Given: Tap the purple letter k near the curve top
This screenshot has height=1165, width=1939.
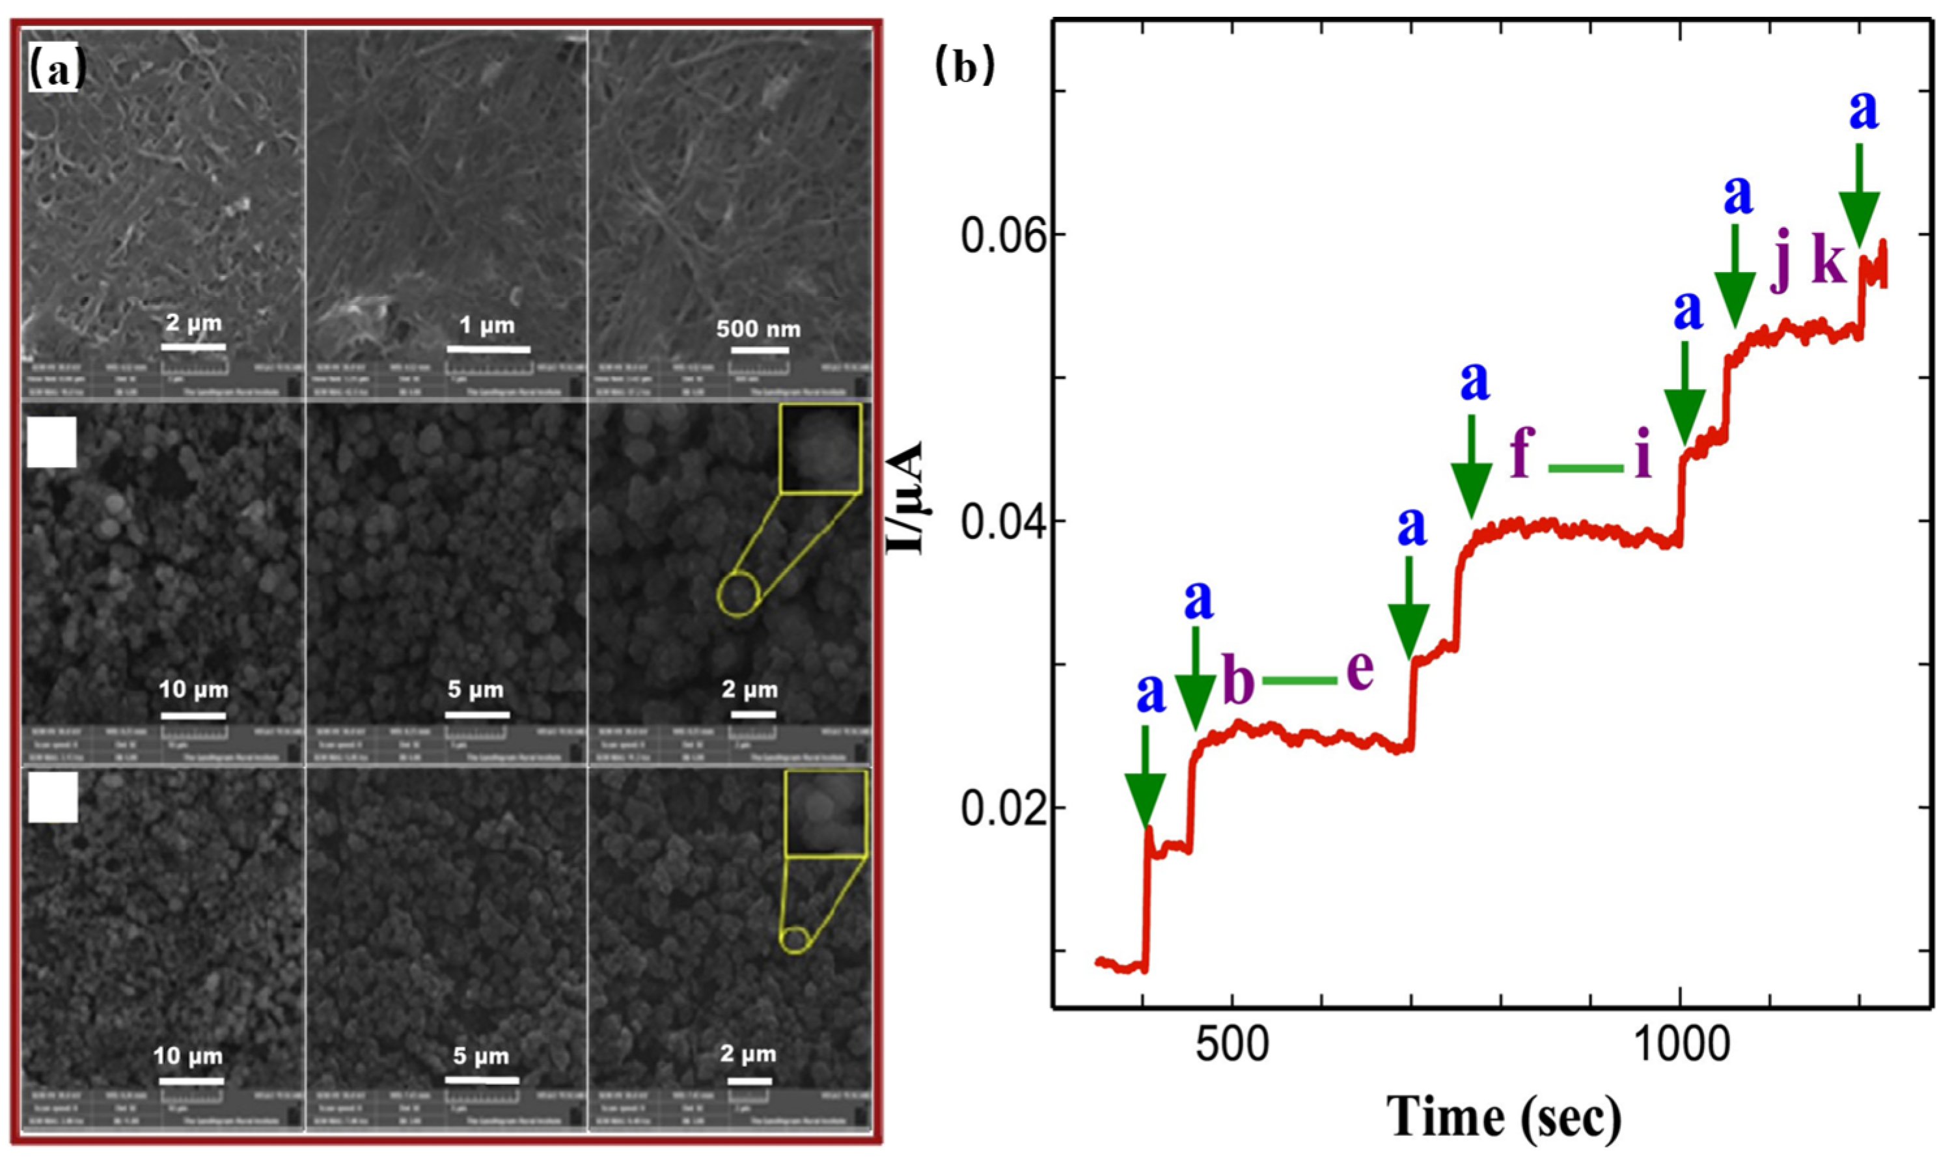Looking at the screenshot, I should coord(1828,266).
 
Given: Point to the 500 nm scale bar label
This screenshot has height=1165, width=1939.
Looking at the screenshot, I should coord(758,329).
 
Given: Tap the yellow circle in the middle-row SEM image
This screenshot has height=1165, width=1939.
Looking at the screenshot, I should coord(738,594).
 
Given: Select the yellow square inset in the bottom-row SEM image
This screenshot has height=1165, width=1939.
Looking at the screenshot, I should coord(826,812).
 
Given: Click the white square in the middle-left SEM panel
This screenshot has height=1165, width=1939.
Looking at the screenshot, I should coord(52,442).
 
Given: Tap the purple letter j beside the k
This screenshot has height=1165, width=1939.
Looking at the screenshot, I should coord(1781,271).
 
